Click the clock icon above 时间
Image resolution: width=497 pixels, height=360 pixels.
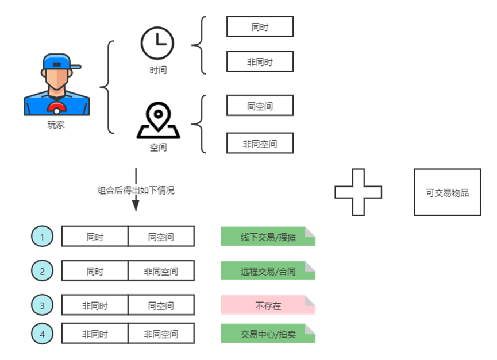click(157, 43)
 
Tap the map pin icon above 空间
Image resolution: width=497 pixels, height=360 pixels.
click(158, 121)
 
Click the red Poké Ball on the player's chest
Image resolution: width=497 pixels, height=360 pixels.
click(57, 108)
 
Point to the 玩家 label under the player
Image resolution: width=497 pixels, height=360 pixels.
click(56, 125)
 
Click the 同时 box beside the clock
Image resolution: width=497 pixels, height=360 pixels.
click(260, 26)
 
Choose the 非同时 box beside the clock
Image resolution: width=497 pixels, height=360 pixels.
click(260, 61)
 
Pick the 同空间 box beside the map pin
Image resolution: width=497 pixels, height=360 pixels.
click(260, 106)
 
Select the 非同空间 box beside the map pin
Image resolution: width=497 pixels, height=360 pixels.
click(260, 144)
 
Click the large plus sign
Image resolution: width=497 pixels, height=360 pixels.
click(359, 192)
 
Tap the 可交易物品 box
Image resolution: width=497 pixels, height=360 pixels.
click(447, 192)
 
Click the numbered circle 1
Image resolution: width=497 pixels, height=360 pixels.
click(42, 237)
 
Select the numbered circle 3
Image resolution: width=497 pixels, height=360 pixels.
click(42, 305)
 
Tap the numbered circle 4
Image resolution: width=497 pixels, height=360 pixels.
click(42, 334)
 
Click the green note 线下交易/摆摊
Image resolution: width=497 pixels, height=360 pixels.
click(268, 237)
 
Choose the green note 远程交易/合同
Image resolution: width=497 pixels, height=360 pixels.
click(268, 270)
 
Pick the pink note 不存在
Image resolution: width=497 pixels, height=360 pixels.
click(268, 305)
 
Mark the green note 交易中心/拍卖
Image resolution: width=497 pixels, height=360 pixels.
click(268, 334)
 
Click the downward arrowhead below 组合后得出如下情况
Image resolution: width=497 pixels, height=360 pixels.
click(136, 206)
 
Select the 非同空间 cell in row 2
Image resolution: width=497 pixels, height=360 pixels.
click(161, 270)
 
